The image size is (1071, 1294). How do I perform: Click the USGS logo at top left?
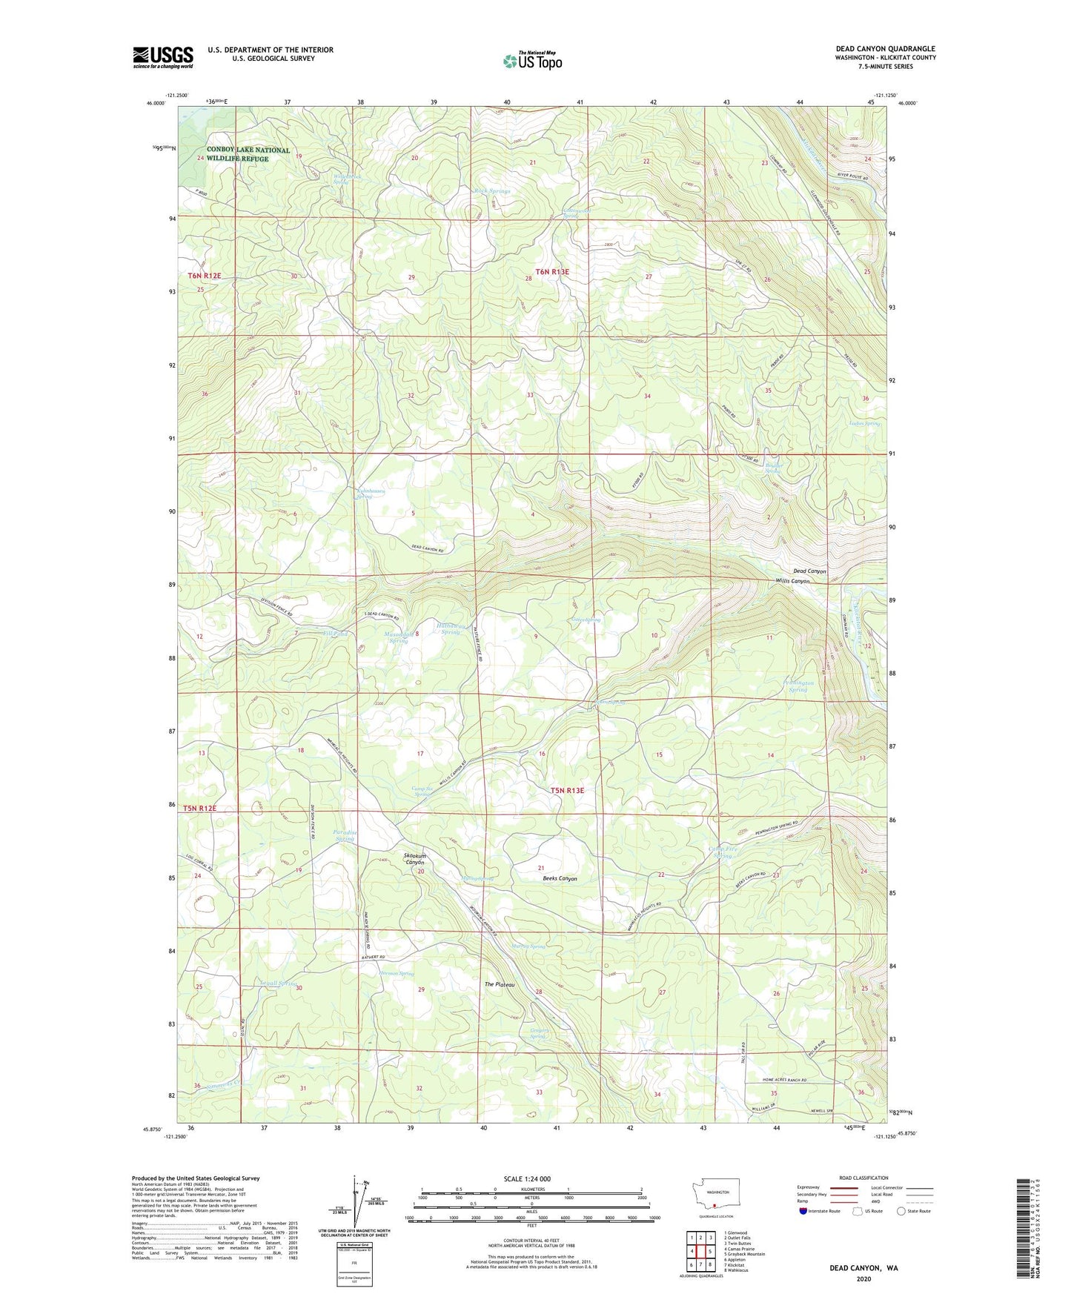coord(162,57)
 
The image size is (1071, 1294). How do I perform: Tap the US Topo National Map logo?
coord(532,60)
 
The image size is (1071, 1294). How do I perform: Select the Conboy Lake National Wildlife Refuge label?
coord(248,154)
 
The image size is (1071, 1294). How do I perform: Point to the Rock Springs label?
coord(492,191)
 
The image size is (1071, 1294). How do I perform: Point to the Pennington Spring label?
coord(798,686)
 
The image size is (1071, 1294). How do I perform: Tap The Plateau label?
coord(500,984)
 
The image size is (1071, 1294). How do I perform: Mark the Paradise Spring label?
coord(345,835)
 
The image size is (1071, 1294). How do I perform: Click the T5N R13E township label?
coord(567,791)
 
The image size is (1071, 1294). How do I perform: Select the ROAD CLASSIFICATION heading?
coord(863,1178)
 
